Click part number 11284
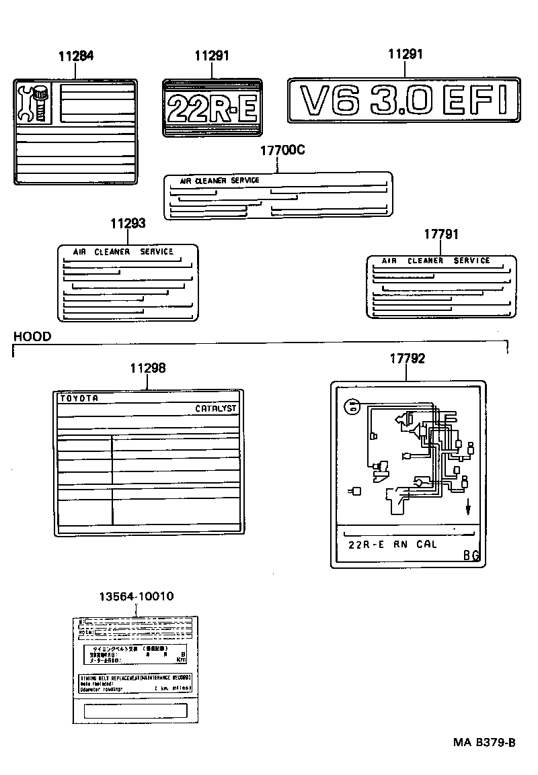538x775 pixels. pyautogui.click(x=75, y=56)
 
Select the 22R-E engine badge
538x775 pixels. pyautogui.click(x=212, y=107)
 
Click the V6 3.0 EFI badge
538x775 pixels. pyautogui.click(x=403, y=101)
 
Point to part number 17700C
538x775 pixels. pyautogui.click(x=282, y=150)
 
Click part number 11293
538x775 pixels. pyautogui.click(x=128, y=224)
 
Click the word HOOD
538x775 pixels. pyautogui.click(x=32, y=336)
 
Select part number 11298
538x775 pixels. pyautogui.click(x=148, y=368)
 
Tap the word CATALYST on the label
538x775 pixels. pyautogui.click(x=216, y=408)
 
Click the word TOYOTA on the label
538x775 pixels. pyautogui.click(x=79, y=398)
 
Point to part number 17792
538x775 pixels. pyautogui.click(x=407, y=359)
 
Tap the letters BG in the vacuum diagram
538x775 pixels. pyautogui.click(x=471, y=555)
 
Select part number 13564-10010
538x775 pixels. pyautogui.click(x=137, y=596)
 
